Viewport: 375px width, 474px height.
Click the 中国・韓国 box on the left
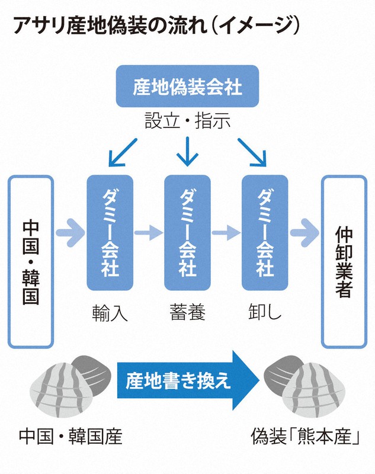point(31,261)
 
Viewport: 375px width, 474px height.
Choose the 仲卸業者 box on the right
point(344,261)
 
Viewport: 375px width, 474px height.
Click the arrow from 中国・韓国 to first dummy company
point(70,233)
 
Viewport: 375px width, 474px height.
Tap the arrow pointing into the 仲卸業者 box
point(304,233)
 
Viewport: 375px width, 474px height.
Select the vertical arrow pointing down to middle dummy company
point(187,152)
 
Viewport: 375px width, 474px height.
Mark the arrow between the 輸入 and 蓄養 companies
point(148,233)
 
